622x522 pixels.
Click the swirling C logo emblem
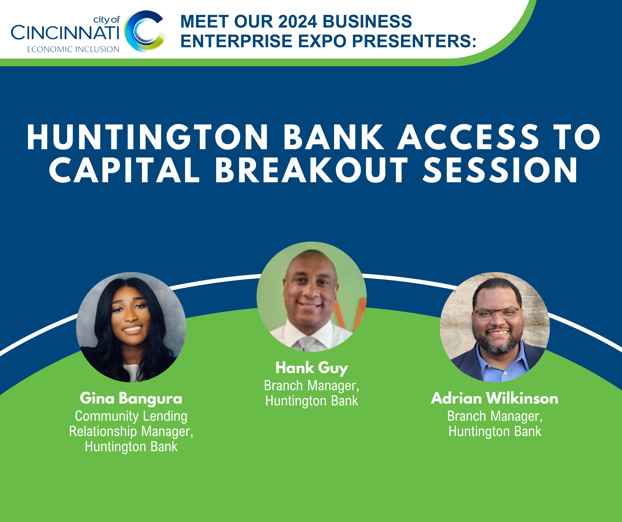click(145, 31)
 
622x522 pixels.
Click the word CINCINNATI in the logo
click(65, 33)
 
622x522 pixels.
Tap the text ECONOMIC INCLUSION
click(73, 49)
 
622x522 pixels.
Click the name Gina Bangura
click(131, 398)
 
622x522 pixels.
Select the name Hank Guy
click(312, 368)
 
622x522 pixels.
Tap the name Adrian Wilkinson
click(495, 398)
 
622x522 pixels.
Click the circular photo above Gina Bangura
click(131, 327)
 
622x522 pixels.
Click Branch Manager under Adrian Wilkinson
click(495, 416)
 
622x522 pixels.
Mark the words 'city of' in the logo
click(107, 20)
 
